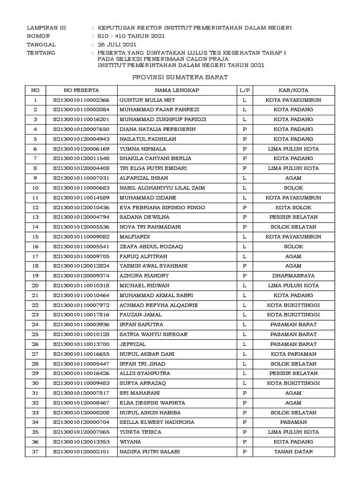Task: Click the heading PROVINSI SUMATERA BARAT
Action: click(180, 77)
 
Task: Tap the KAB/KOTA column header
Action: click(293, 90)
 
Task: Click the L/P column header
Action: click(244, 90)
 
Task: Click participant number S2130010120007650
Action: click(81, 129)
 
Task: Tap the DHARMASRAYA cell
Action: click(293, 276)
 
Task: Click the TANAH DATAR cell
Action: click(293, 452)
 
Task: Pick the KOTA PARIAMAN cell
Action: click(293, 354)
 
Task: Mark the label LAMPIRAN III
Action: click(46, 28)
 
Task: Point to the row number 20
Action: click(35, 285)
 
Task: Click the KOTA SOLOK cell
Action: click(293, 207)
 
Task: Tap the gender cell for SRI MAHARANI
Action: click(244, 393)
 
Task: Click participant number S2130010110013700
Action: click(81, 344)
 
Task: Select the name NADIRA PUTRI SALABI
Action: click(150, 452)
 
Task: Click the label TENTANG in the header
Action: click(41, 52)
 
